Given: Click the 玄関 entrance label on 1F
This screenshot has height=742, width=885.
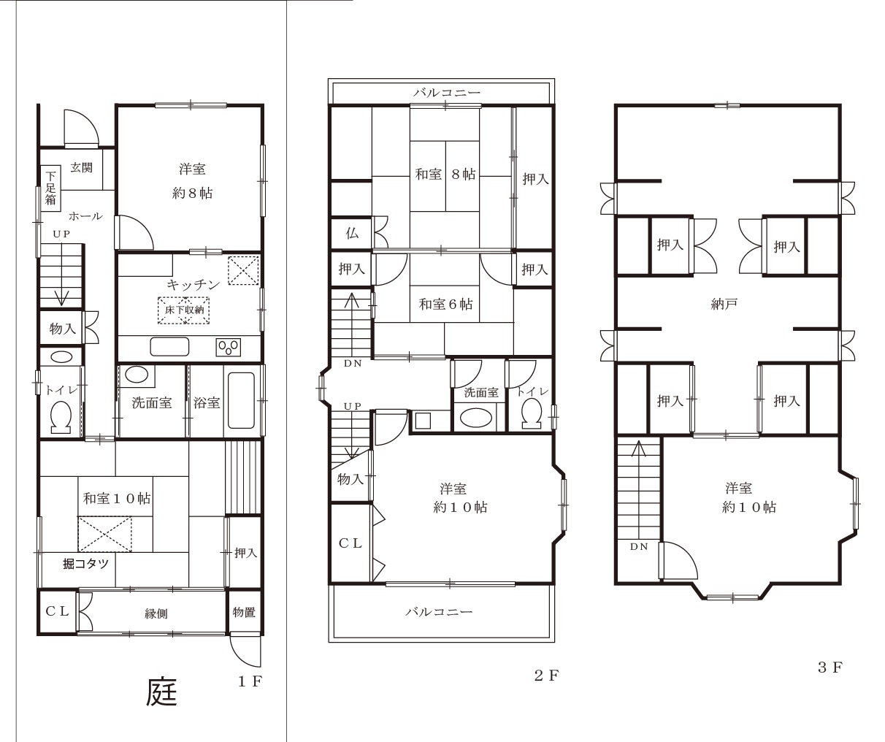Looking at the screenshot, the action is pyautogui.click(x=81, y=167).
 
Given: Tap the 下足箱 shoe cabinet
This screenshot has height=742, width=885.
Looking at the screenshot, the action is pyautogui.click(x=50, y=188).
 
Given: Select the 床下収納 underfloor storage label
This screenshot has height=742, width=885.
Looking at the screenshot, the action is pyautogui.click(x=184, y=310).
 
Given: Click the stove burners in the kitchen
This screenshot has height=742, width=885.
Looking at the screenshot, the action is pyautogui.click(x=228, y=347).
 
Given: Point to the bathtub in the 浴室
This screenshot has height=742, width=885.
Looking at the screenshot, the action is pyautogui.click(x=241, y=401).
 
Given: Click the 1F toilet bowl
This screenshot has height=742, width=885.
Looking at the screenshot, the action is pyautogui.click(x=61, y=418).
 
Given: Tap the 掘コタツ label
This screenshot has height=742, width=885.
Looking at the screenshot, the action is pyautogui.click(x=85, y=564).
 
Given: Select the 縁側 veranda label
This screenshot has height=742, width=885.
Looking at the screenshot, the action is pyautogui.click(x=156, y=613).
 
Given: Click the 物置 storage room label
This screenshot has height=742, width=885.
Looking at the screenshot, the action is pyautogui.click(x=244, y=612).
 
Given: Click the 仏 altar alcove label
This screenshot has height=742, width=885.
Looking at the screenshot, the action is pyautogui.click(x=352, y=233).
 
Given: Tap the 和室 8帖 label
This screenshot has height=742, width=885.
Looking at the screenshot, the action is pyautogui.click(x=445, y=174).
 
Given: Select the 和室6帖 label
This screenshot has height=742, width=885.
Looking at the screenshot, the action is pyautogui.click(x=445, y=304).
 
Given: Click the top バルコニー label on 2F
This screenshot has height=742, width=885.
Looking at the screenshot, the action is pyautogui.click(x=447, y=93).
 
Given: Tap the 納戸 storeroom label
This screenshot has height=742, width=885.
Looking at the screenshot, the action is pyautogui.click(x=724, y=304).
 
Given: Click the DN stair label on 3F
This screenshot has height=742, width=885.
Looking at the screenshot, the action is pyautogui.click(x=639, y=547).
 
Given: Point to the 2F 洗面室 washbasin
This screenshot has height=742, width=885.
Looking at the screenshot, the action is pyautogui.click(x=476, y=417).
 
